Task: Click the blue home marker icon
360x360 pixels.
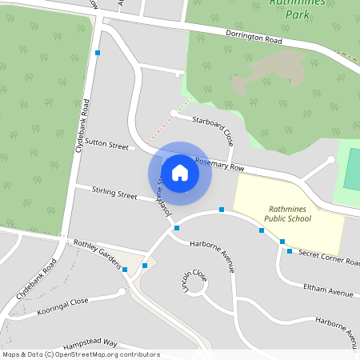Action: point(180,172)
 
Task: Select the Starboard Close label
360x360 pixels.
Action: point(212,128)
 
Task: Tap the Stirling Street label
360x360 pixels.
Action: point(114,193)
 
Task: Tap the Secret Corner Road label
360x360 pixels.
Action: point(328,257)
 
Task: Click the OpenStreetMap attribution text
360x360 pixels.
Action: point(80,354)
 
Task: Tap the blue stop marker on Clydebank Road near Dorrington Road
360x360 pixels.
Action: point(98,53)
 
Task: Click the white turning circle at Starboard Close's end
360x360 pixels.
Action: point(174,113)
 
